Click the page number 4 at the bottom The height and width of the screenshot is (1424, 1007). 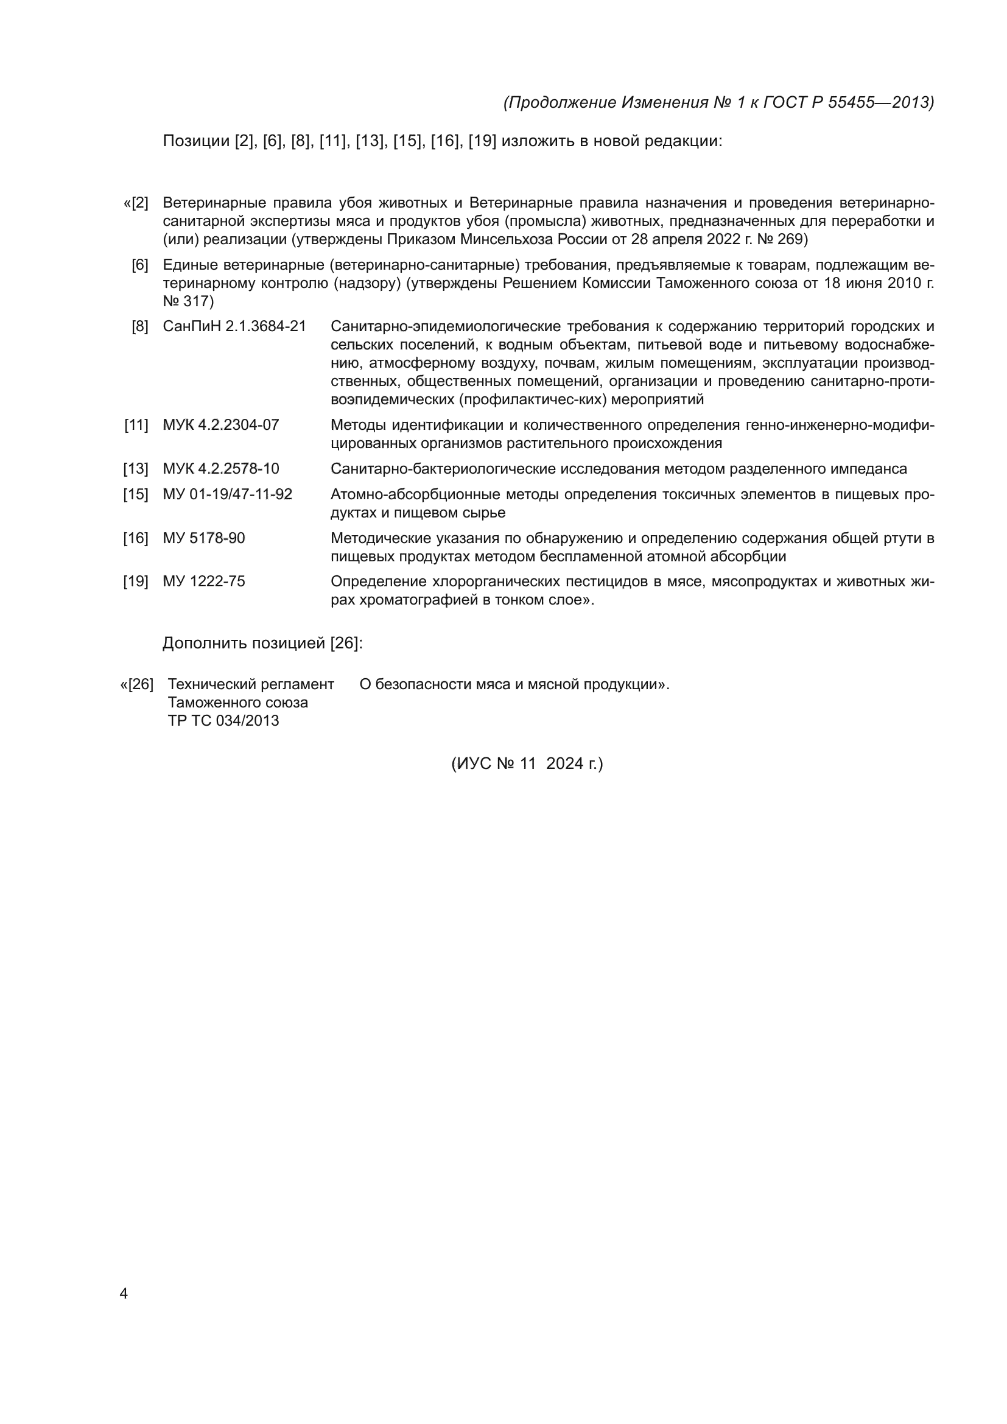point(124,1293)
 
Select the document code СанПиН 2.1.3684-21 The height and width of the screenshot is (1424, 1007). point(234,326)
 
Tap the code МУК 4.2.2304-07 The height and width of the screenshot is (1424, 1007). point(221,425)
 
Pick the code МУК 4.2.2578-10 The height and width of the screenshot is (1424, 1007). point(221,468)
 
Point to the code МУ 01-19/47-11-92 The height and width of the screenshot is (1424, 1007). point(227,494)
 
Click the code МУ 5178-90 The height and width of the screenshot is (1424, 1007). point(203,538)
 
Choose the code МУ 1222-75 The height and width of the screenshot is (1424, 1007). point(203,581)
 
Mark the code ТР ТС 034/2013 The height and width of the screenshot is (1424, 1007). point(223,721)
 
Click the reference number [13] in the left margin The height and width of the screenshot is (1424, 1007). point(136,469)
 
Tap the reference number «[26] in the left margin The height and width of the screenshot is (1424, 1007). point(137,684)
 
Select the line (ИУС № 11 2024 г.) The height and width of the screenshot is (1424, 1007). point(527,763)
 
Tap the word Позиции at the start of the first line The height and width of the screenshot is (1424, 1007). point(196,141)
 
